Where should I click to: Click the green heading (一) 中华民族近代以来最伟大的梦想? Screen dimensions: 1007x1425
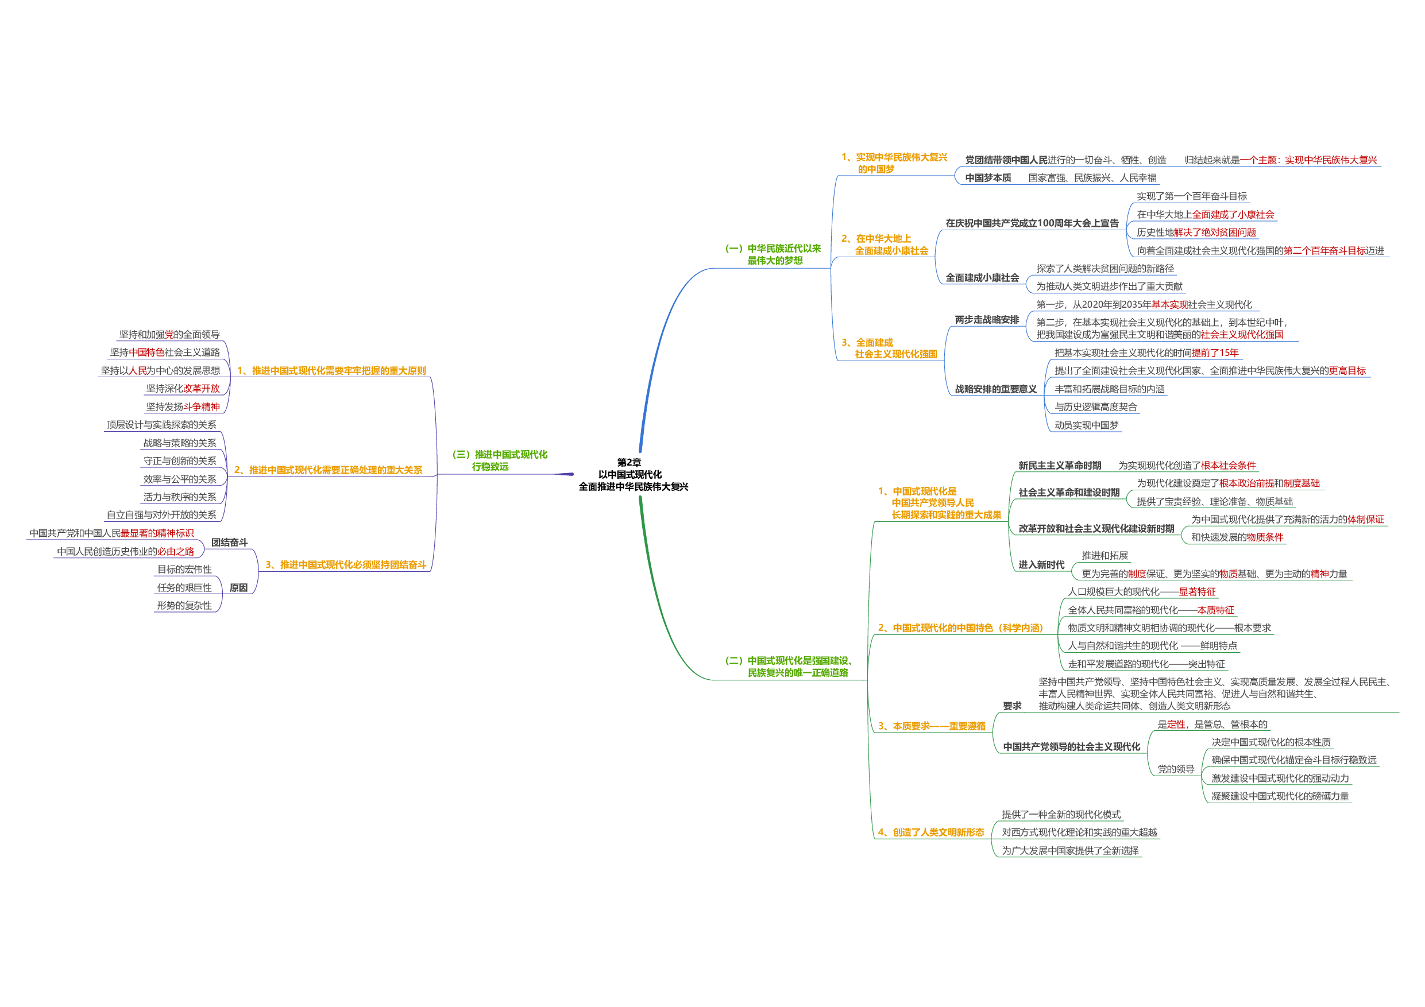[x=773, y=254]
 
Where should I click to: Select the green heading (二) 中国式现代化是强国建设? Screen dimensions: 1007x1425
[x=789, y=667]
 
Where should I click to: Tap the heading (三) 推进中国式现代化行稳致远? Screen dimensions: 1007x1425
[x=500, y=460]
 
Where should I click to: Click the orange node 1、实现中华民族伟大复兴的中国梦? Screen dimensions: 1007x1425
[x=894, y=163]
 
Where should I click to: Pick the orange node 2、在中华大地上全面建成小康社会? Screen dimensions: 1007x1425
[x=885, y=245]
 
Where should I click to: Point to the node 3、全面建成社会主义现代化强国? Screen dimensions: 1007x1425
[x=889, y=348]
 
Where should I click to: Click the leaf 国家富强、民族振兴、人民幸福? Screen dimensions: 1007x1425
[x=1092, y=178]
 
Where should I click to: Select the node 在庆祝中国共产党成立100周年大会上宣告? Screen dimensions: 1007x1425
[x=1032, y=223]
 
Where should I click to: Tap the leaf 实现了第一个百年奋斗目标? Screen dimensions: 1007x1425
[x=1192, y=197]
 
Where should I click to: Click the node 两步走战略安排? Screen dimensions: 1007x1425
[x=987, y=320]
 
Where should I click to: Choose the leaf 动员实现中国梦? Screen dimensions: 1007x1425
[x=1087, y=425]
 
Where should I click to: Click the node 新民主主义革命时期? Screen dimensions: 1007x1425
[x=1060, y=466]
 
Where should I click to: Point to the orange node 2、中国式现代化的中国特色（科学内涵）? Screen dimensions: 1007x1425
[x=960, y=629]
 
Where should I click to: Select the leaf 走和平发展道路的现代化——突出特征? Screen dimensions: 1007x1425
[x=1146, y=664]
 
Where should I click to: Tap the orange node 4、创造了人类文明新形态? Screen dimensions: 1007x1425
[x=931, y=832]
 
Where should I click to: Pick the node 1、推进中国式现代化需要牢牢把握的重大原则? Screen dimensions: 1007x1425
[x=331, y=371]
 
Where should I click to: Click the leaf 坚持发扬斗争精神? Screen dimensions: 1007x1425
[x=183, y=407]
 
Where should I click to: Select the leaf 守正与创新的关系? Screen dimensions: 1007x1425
[x=179, y=461]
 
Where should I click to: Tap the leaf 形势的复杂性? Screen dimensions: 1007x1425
[x=184, y=606]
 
